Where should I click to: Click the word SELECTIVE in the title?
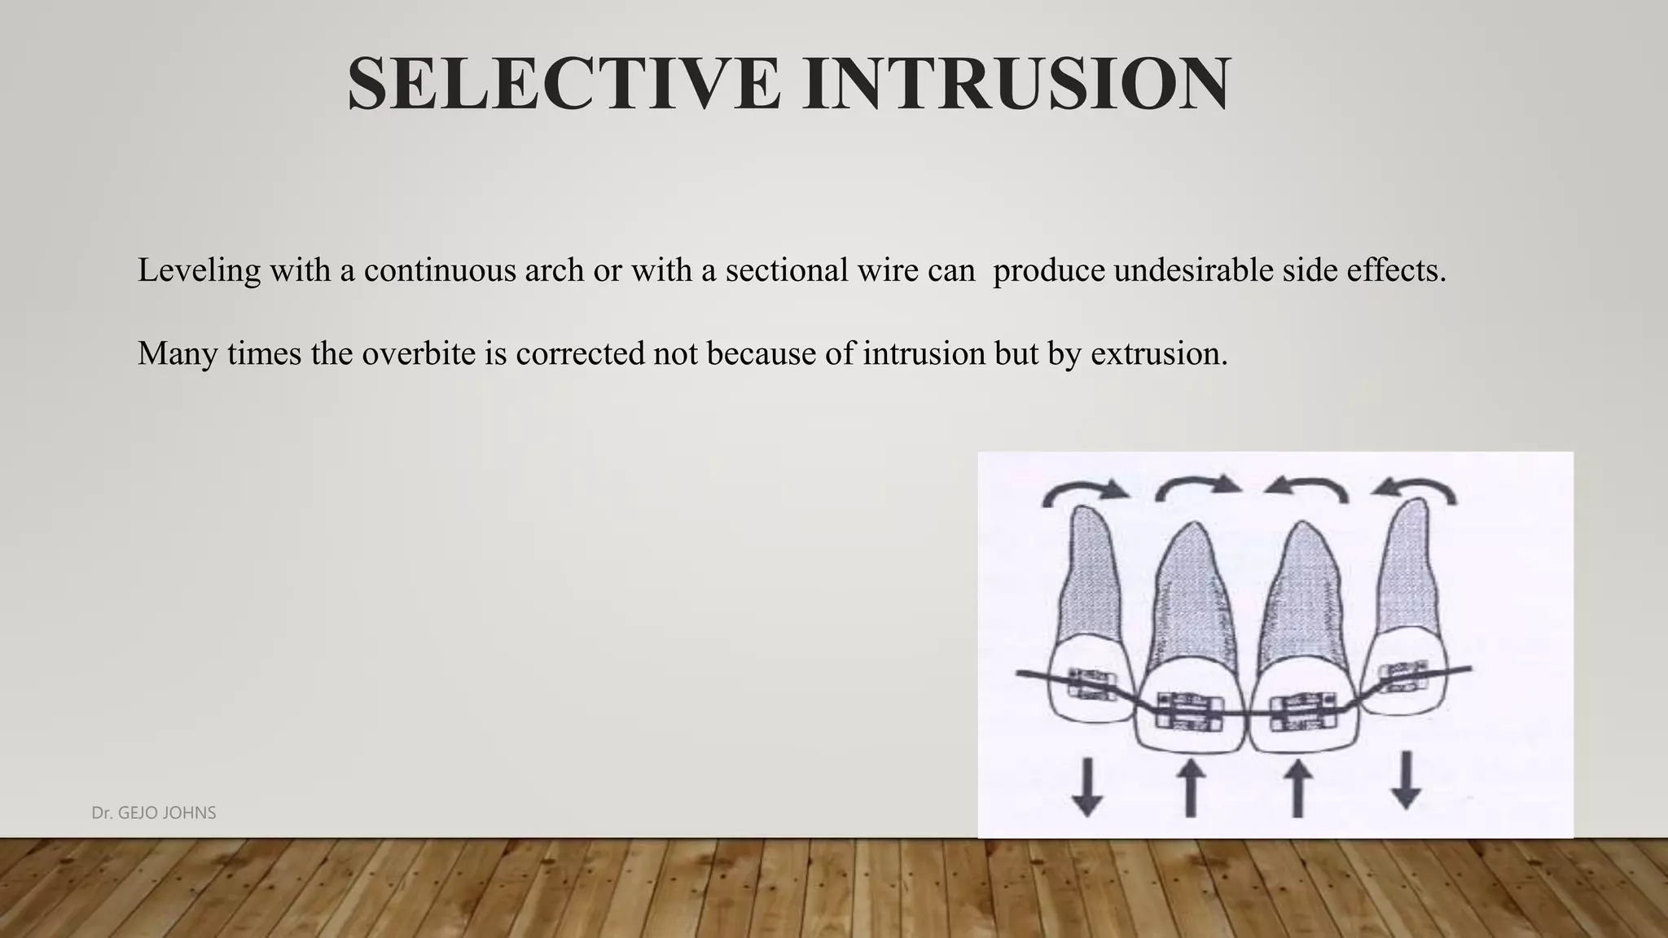[563, 84]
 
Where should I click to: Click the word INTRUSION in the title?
[1016, 84]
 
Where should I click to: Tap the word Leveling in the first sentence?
[199, 270]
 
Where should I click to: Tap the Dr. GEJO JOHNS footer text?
[154, 813]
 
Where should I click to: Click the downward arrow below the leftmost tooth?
[1086, 787]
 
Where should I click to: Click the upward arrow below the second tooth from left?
[1191, 787]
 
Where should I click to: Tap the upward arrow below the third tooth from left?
[1297, 787]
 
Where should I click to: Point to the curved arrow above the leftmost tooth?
[1085, 491]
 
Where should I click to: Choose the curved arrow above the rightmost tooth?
[1414, 490]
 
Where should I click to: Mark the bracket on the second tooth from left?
[1190, 708]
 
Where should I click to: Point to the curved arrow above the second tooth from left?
[1198, 486]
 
